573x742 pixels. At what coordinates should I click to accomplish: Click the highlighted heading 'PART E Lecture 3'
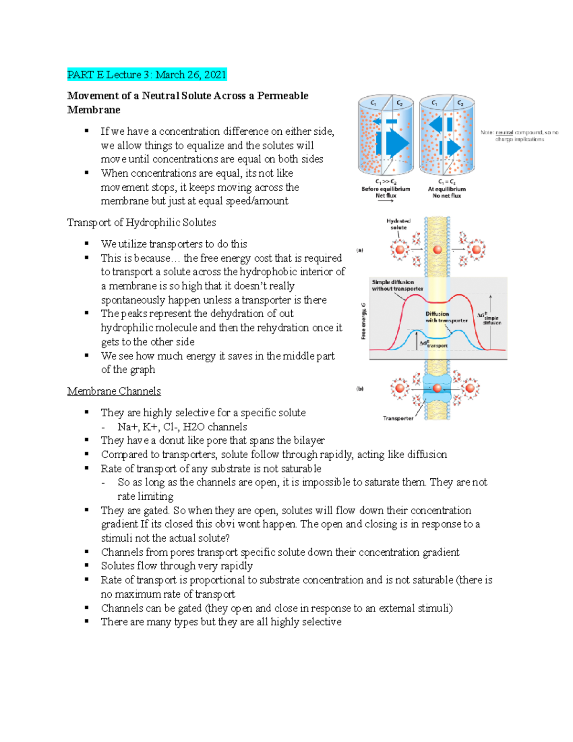[x=147, y=75]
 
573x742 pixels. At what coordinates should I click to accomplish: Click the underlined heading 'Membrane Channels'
[x=114, y=391]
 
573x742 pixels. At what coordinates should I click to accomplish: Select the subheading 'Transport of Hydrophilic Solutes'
[x=141, y=222]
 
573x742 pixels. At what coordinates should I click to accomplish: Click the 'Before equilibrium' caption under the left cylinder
[x=385, y=189]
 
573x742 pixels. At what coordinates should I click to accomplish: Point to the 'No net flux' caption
[x=446, y=195]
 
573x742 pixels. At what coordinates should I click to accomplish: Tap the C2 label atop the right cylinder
[x=460, y=103]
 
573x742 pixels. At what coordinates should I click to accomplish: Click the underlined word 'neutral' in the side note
[x=504, y=132]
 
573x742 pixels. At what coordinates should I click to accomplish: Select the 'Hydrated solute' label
[x=398, y=224]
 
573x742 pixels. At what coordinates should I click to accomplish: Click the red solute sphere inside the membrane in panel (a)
[x=437, y=249]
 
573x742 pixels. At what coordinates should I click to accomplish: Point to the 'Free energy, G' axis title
[x=364, y=321]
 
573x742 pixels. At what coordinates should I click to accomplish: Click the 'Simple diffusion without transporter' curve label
[x=397, y=285]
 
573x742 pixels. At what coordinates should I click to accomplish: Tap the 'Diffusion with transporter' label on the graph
[x=446, y=317]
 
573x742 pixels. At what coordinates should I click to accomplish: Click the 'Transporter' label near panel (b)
[x=398, y=418]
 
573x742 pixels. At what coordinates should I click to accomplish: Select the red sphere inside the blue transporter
[x=437, y=388]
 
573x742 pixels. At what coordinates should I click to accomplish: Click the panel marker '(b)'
[x=360, y=388]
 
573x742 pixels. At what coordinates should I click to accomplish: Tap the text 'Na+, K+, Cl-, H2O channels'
[x=182, y=427]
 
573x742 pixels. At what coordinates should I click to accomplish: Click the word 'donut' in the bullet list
[x=171, y=440]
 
